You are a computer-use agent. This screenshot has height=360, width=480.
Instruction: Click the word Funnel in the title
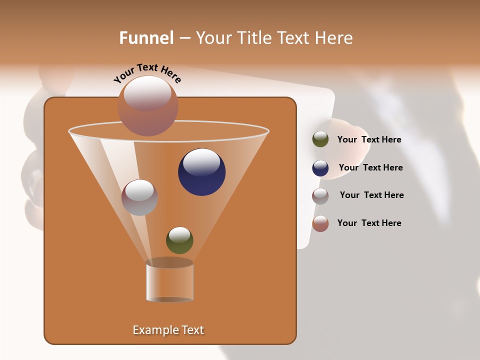point(146,38)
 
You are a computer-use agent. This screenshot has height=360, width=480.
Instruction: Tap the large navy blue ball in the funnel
point(202,172)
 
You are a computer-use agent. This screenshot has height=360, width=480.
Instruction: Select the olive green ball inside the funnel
point(179,240)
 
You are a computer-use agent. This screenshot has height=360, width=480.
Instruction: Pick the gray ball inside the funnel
point(139,197)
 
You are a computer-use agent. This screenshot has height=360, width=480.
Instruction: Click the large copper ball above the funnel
point(148,106)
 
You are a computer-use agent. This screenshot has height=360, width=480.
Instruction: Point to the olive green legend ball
point(320,139)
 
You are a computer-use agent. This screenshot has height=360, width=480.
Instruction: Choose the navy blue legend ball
point(320,168)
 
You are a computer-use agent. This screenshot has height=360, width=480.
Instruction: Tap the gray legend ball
point(320,195)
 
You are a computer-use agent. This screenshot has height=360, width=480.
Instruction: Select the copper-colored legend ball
point(320,223)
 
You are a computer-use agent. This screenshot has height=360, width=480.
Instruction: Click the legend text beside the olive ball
point(369,140)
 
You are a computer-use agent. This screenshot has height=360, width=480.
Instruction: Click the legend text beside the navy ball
point(370,168)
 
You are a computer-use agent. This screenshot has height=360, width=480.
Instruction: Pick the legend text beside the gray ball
point(371,195)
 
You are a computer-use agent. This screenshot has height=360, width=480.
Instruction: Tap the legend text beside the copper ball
point(369,223)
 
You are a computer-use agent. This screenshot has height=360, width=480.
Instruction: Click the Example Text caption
point(168,330)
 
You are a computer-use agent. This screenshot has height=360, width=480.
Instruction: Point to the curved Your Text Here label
point(147,72)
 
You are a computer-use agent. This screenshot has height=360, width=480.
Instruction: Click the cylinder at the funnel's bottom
point(170,281)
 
